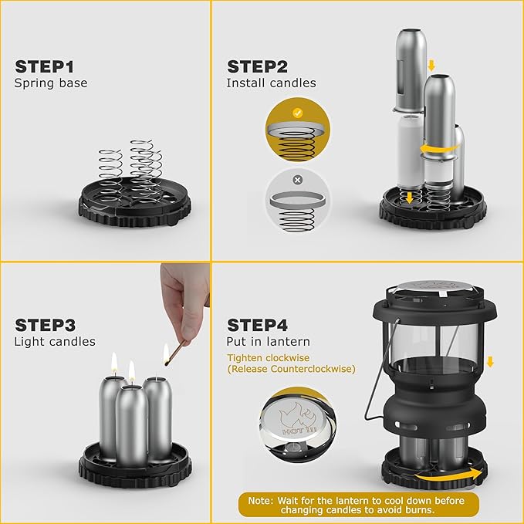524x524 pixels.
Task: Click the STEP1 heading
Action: [x=45, y=66]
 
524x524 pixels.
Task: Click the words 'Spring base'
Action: [x=50, y=83]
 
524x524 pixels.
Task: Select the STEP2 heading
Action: [x=258, y=66]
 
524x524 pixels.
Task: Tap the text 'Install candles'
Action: [x=271, y=83]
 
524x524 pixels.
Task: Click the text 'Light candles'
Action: [x=55, y=342]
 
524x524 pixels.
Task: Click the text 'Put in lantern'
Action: [x=268, y=342]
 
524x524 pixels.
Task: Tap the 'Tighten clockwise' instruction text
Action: [x=266, y=358]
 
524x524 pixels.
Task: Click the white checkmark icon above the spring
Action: [x=297, y=111]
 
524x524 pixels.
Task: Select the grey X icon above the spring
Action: [x=297, y=180]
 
